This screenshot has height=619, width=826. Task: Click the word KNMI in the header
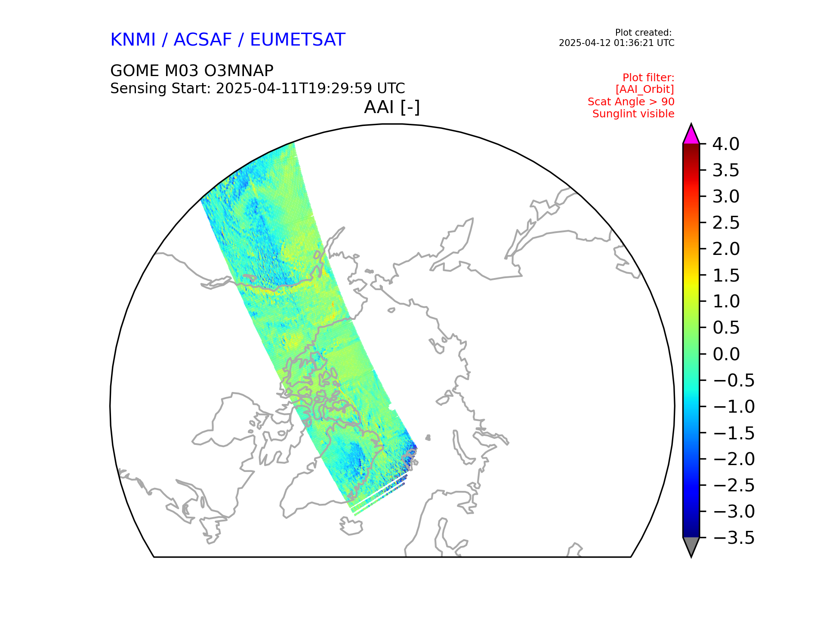click(x=133, y=40)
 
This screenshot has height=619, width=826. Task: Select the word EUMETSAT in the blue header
click(x=297, y=40)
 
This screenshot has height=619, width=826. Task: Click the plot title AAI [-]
click(x=391, y=107)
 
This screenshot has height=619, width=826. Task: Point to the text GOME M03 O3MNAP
click(x=192, y=70)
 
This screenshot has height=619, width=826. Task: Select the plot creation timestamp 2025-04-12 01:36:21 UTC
click(x=616, y=43)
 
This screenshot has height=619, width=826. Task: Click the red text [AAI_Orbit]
click(x=644, y=89)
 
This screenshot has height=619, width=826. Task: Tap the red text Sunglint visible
click(x=633, y=114)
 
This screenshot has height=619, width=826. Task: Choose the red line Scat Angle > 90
click(x=631, y=102)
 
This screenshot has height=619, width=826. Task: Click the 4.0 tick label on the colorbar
click(x=726, y=144)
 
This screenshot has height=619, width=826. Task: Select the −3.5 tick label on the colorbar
click(x=734, y=538)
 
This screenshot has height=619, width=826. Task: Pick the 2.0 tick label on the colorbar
click(x=726, y=249)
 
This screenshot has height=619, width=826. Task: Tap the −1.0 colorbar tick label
click(x=734, y=407)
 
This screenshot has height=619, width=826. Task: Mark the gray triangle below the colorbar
click(x=691, y=546)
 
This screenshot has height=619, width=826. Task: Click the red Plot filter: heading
click(x=648, y=78)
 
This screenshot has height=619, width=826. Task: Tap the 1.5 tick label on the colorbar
click(x=726, y=276)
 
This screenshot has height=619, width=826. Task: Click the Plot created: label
click(x=643, y=33)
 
